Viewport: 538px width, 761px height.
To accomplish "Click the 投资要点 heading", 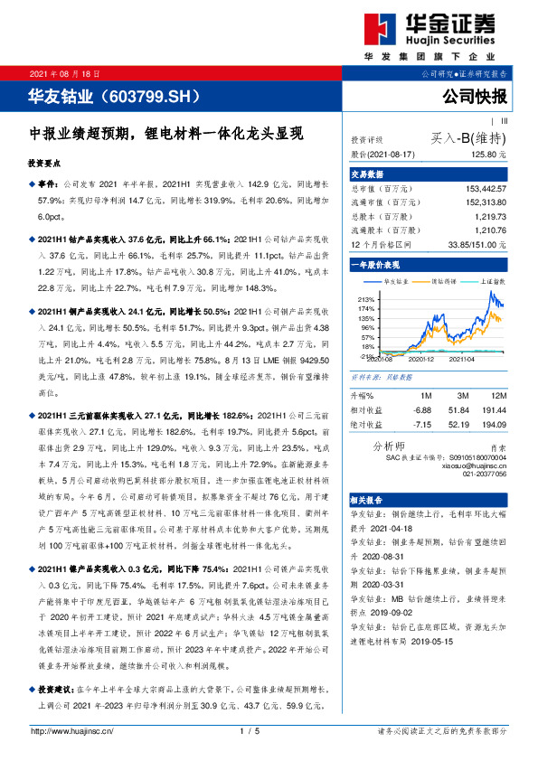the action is coord(46,164).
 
